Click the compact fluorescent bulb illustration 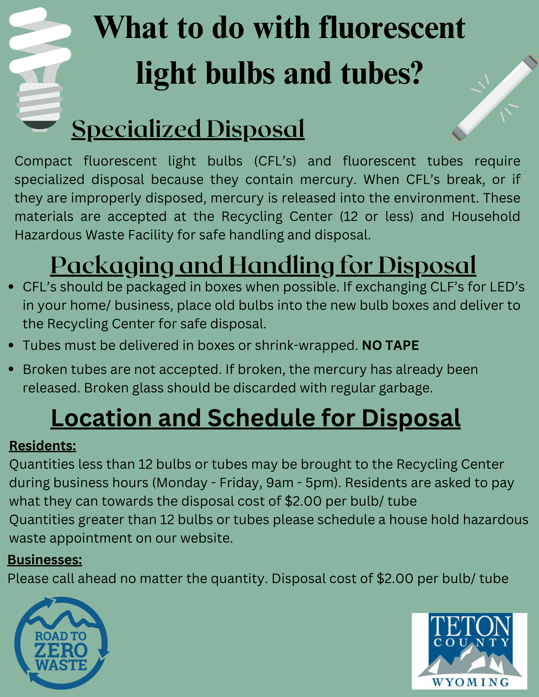(x=39, y=70)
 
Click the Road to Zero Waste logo (x=61, y=643)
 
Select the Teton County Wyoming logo (x=469, y=651)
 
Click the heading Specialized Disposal (x=188, y=129)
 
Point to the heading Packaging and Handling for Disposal (x=263, y=266)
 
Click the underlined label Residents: (x=43, y=446)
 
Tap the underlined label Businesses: (x=45, y=559)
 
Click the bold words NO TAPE (x=390, y=345)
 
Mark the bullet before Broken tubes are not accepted (x=12, y=369)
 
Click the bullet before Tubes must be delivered (x=12, y=345)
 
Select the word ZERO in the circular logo (x=61, y=650)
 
